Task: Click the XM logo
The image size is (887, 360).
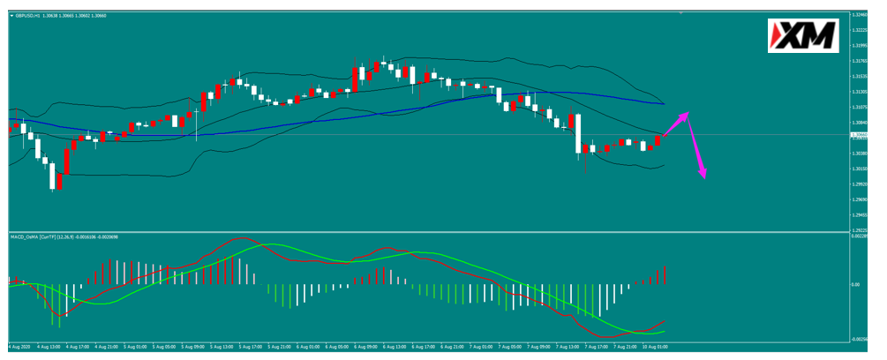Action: pyautogui.click(x=802, y=36)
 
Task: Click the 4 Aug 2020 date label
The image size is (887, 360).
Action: pyautogui.click(x=19, y=346)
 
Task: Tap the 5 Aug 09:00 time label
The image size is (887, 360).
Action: pyautogui.click(x=192, y=346)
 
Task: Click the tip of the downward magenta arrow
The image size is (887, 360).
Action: pyautogui.click(x=703, y=179)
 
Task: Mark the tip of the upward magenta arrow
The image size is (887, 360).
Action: pyautogui.click(x=688, y=114)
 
